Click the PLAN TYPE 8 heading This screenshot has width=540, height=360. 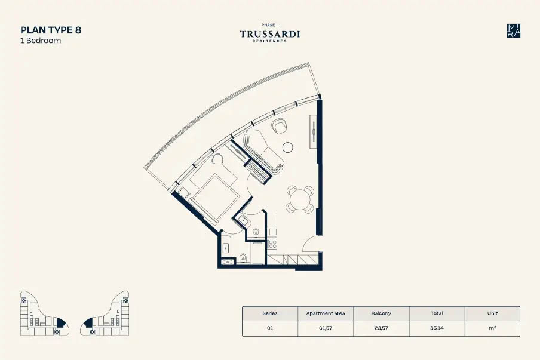[51, 30]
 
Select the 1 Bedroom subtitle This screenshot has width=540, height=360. [41, 40]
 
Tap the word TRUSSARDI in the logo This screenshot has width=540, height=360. [270, 33]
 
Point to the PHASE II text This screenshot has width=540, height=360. [270, 25]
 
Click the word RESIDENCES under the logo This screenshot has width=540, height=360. [270, 41]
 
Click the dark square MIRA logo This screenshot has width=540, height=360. [513, 31]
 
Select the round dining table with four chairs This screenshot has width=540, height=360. [300, 199]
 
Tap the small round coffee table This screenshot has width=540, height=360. [287, 147]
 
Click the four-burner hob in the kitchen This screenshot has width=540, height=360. [272, 244]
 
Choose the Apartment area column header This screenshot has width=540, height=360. [326, 313]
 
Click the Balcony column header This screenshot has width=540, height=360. [381, 313]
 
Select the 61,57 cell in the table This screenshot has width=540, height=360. [326, 328]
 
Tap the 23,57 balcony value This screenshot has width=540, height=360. [381, 328]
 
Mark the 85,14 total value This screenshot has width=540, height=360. [437, 328]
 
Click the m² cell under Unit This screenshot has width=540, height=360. [492, 328]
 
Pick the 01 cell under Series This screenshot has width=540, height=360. [270, 328]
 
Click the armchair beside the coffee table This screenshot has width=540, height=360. [279, 126]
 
